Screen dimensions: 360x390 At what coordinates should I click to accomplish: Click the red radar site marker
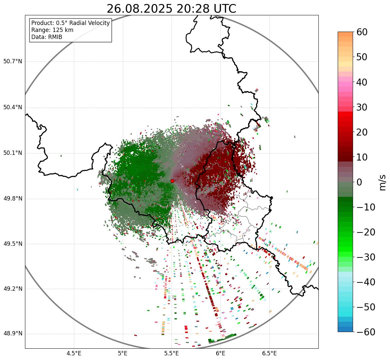coord(172,181)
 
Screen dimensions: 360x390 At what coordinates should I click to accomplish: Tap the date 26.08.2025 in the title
coord(140,9)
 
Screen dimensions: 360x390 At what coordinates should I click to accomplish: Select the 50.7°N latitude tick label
coord(13,62)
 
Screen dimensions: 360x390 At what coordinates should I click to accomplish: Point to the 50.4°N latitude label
coord(13,108)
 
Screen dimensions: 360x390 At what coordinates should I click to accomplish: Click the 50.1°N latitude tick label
coord(13,153)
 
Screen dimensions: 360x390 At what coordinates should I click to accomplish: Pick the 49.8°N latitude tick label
coord(13,199)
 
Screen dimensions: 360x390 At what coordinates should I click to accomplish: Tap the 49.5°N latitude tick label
coord(13,244)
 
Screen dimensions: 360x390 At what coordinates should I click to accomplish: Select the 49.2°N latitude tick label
coord(13,289)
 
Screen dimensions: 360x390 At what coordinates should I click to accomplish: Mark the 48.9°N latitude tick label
coord(13,334)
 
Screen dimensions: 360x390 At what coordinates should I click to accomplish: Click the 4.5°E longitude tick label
coord(74,353)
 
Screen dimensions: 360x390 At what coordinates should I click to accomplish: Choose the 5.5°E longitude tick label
coord(172,353)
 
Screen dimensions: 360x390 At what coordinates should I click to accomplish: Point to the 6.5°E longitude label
coord(269,353)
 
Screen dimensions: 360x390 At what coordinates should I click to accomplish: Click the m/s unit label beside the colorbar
coord(383,182)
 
